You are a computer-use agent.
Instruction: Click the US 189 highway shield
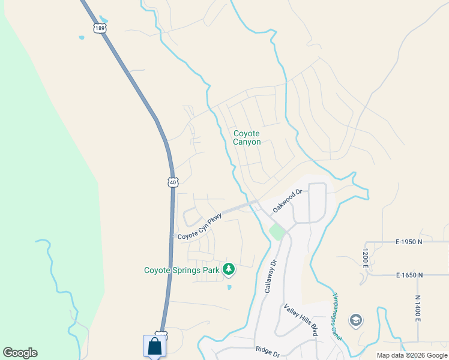click(x=100, y=28)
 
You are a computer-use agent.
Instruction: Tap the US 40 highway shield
click(x=173, y=182)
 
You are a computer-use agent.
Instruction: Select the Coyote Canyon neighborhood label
click(x=247, y=137)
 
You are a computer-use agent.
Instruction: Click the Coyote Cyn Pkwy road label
click(x=200, y=227)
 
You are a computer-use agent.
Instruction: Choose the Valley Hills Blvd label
click(x=301, y=319)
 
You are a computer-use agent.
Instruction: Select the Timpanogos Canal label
click(x=337, y=317)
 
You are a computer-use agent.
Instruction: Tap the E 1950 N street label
click(x=409, y=242)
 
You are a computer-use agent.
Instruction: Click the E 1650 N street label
click(x=409, y=275)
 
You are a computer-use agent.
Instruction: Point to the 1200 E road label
click(x=364, y=258)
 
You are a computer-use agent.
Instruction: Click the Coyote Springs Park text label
click(x=182, y=270)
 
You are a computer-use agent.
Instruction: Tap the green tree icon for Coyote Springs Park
click(x=228, y=269)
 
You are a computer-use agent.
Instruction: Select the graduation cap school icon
click(x=356, y=320)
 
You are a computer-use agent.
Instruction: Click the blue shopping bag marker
click(x=154, y=346)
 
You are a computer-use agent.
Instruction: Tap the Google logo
click(x=20, y=353)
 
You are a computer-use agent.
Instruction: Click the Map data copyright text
click(x=411, y=355)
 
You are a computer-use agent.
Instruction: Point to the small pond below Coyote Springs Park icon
click(x=229, y=287)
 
